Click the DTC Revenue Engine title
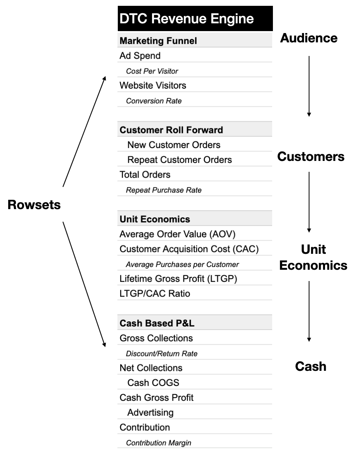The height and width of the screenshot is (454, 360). point(187,19)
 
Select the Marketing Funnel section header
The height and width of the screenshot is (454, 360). point(158,41)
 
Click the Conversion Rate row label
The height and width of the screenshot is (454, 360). point(154,101)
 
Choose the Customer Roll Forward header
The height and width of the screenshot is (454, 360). point(171,130)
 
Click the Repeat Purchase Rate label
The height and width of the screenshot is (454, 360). point(164,190)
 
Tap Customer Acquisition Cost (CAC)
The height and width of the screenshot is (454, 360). point(189,249)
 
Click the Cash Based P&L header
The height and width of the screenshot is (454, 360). point(157,323)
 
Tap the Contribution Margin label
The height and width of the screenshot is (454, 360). point(158,443)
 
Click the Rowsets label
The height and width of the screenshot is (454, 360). point(34,205)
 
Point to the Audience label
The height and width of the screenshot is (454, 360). point(309,38)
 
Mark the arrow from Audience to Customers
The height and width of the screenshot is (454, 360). point(309,86)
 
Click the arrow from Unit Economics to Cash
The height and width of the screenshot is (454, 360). point(309,311)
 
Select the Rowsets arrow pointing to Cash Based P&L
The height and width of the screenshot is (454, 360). point(84,284)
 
